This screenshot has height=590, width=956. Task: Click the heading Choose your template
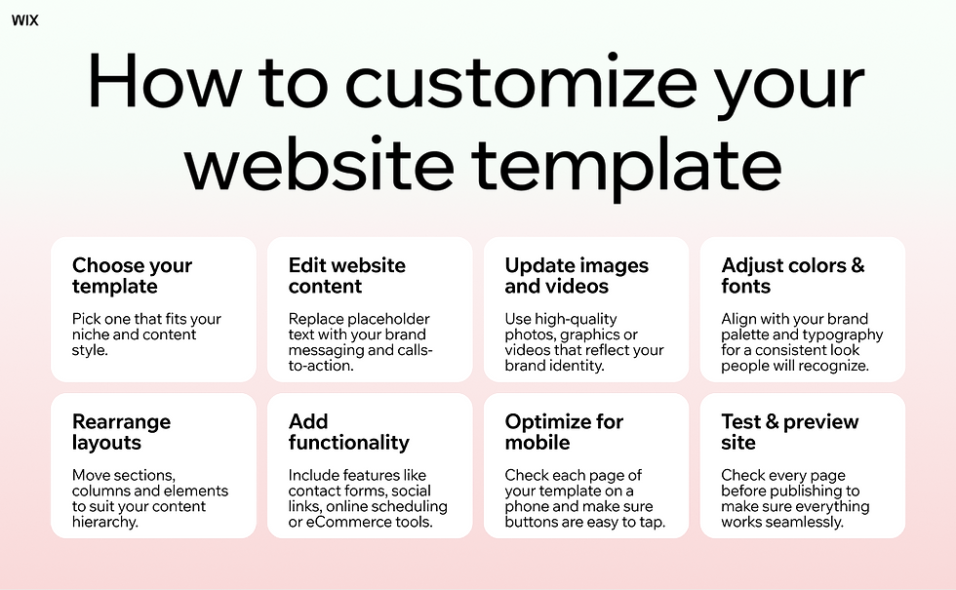click(x=132, y=276)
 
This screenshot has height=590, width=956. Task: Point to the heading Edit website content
click(x=346, y=276)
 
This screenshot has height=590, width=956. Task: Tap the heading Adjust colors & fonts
click(x=792, y=276)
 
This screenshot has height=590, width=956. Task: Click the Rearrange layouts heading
click(x=121, y=432)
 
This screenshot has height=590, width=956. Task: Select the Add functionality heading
click(x=348, y=432)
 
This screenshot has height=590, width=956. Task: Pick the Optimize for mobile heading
click(x=563, y=432)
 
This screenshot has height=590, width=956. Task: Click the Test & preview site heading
click(x=789, y=432)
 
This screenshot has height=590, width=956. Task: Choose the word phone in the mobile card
click(x=527, y=506)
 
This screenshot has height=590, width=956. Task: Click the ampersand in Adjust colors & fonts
click(x=856, y=265)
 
